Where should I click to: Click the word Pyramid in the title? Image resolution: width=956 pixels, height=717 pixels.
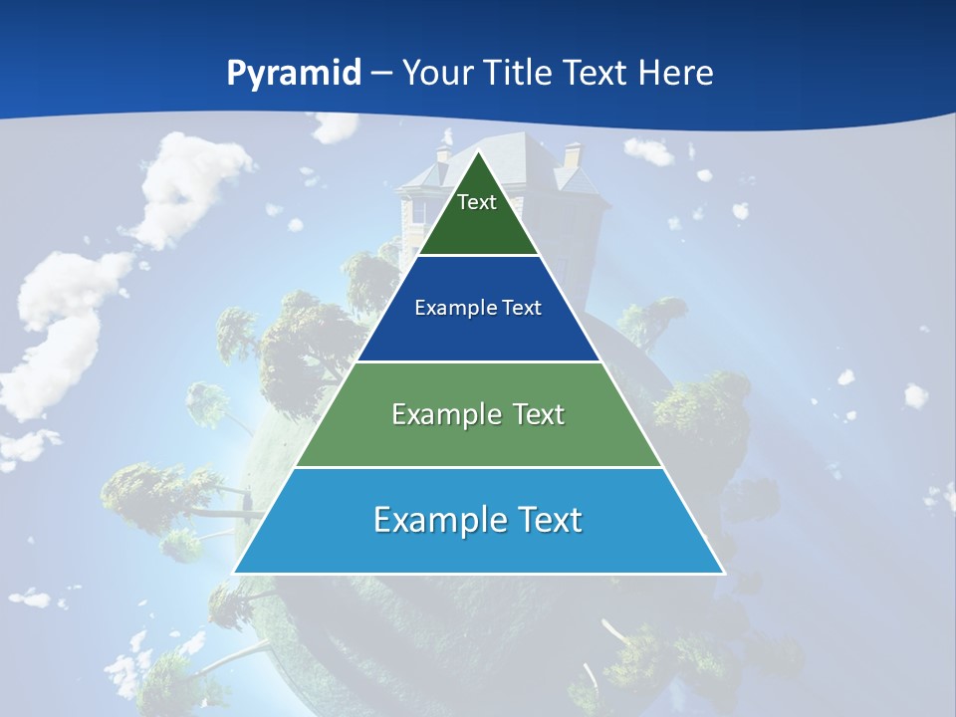pos(294,74)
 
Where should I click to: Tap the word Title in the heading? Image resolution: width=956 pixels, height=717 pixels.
pos(517,73)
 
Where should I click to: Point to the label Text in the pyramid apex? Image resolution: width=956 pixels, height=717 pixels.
pos(477,202)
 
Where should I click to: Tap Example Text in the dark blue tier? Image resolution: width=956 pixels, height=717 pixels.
pos(478,308)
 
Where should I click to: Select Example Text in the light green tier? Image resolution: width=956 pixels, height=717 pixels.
pos(478,414)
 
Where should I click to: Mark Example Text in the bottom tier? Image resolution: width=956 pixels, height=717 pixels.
pos(478,520)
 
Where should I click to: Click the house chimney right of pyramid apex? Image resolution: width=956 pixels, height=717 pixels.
pos(573,155)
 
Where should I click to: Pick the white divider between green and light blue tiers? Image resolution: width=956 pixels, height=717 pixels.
pos(478,467)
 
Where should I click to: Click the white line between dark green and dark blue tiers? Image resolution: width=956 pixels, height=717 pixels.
pos(478,256)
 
